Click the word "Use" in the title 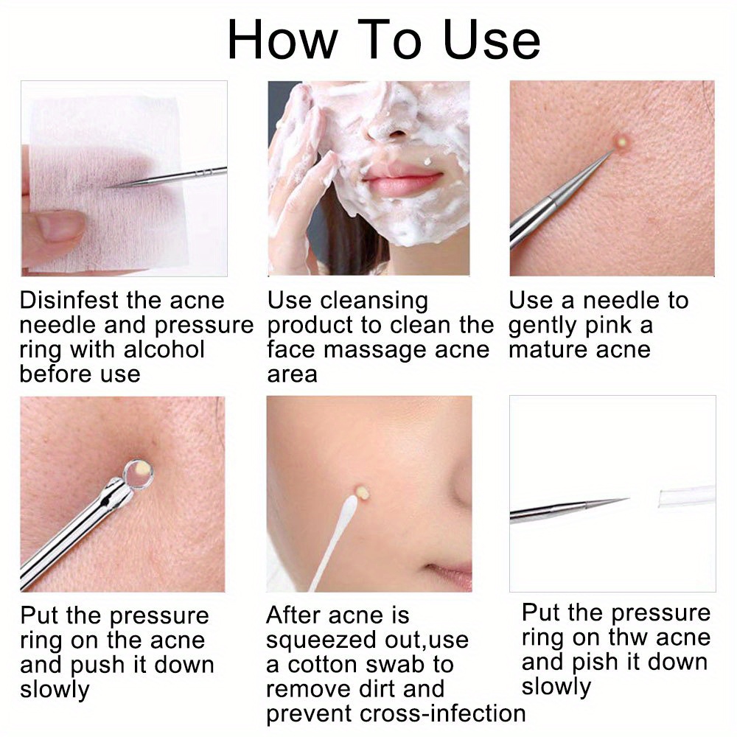coord(492,40)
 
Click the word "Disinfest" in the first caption coord(69,301)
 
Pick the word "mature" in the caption coord(545,349)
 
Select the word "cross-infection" coord(442,713)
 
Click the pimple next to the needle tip coord(621,141)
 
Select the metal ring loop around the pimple coord(139,474)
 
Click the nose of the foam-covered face coord(394,127)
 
